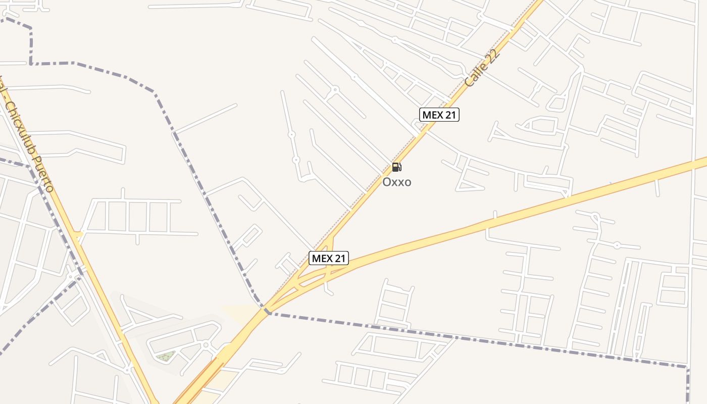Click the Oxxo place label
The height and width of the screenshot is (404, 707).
(x=396, y=182)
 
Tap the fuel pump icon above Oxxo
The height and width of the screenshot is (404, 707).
(x=396, y=167)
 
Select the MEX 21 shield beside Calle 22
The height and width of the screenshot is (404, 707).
(x=439, y=115)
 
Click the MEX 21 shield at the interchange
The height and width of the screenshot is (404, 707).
(x=329, y=259)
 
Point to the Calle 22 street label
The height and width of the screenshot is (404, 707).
(x=482, y=68)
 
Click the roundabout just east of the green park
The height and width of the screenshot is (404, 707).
(x=206, y=345)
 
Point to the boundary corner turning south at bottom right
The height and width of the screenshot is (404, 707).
(x=687, y=367)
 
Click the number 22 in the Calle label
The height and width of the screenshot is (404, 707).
(x=493, y=55)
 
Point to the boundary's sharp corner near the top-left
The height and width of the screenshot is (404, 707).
(x=31, y=64)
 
